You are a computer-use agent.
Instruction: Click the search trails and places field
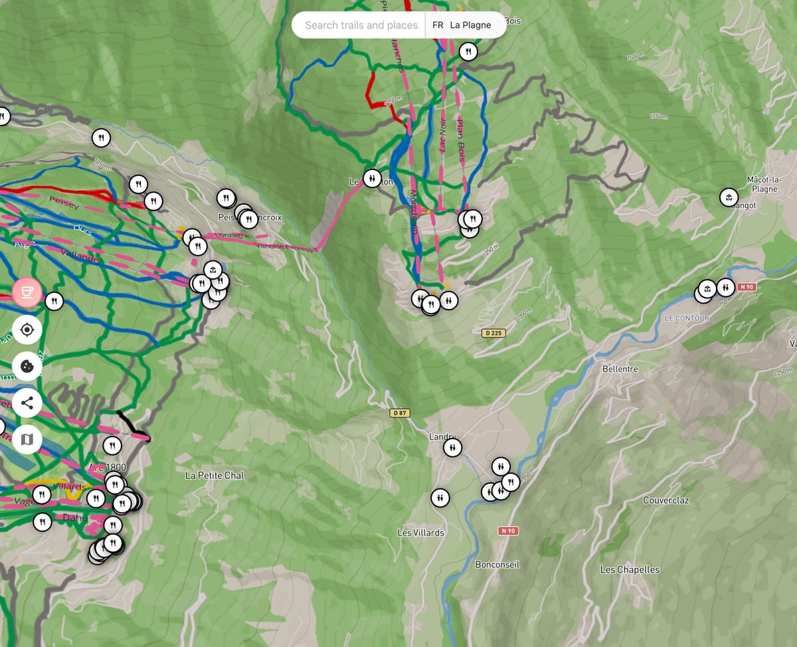click(361, 25)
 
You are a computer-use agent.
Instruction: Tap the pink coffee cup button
click(27, 292)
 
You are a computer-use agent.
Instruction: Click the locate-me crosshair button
click(27, 329)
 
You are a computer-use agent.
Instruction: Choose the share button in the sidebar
click(27, 402)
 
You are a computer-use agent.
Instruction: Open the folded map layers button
click(27, 438)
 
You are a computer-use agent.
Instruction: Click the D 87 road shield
click(400, 413)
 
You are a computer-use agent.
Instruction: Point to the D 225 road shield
click(493, 332)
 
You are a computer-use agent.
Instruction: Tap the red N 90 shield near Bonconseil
click(509, 531)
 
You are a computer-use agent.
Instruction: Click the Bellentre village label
click(620, 369)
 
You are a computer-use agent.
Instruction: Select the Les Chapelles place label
click(630, 569)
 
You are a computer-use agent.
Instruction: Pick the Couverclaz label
click(665, 500)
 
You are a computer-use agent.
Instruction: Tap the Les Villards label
click(420, 533)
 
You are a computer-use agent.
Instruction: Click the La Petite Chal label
click(215, 476)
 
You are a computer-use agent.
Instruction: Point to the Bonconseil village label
click(497, 564)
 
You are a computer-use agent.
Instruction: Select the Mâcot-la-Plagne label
click(765, 184)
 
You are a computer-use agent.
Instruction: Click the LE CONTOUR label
click(687, 319)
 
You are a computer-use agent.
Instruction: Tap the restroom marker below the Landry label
click(452, 448)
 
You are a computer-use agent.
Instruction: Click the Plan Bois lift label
click(460, 140)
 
